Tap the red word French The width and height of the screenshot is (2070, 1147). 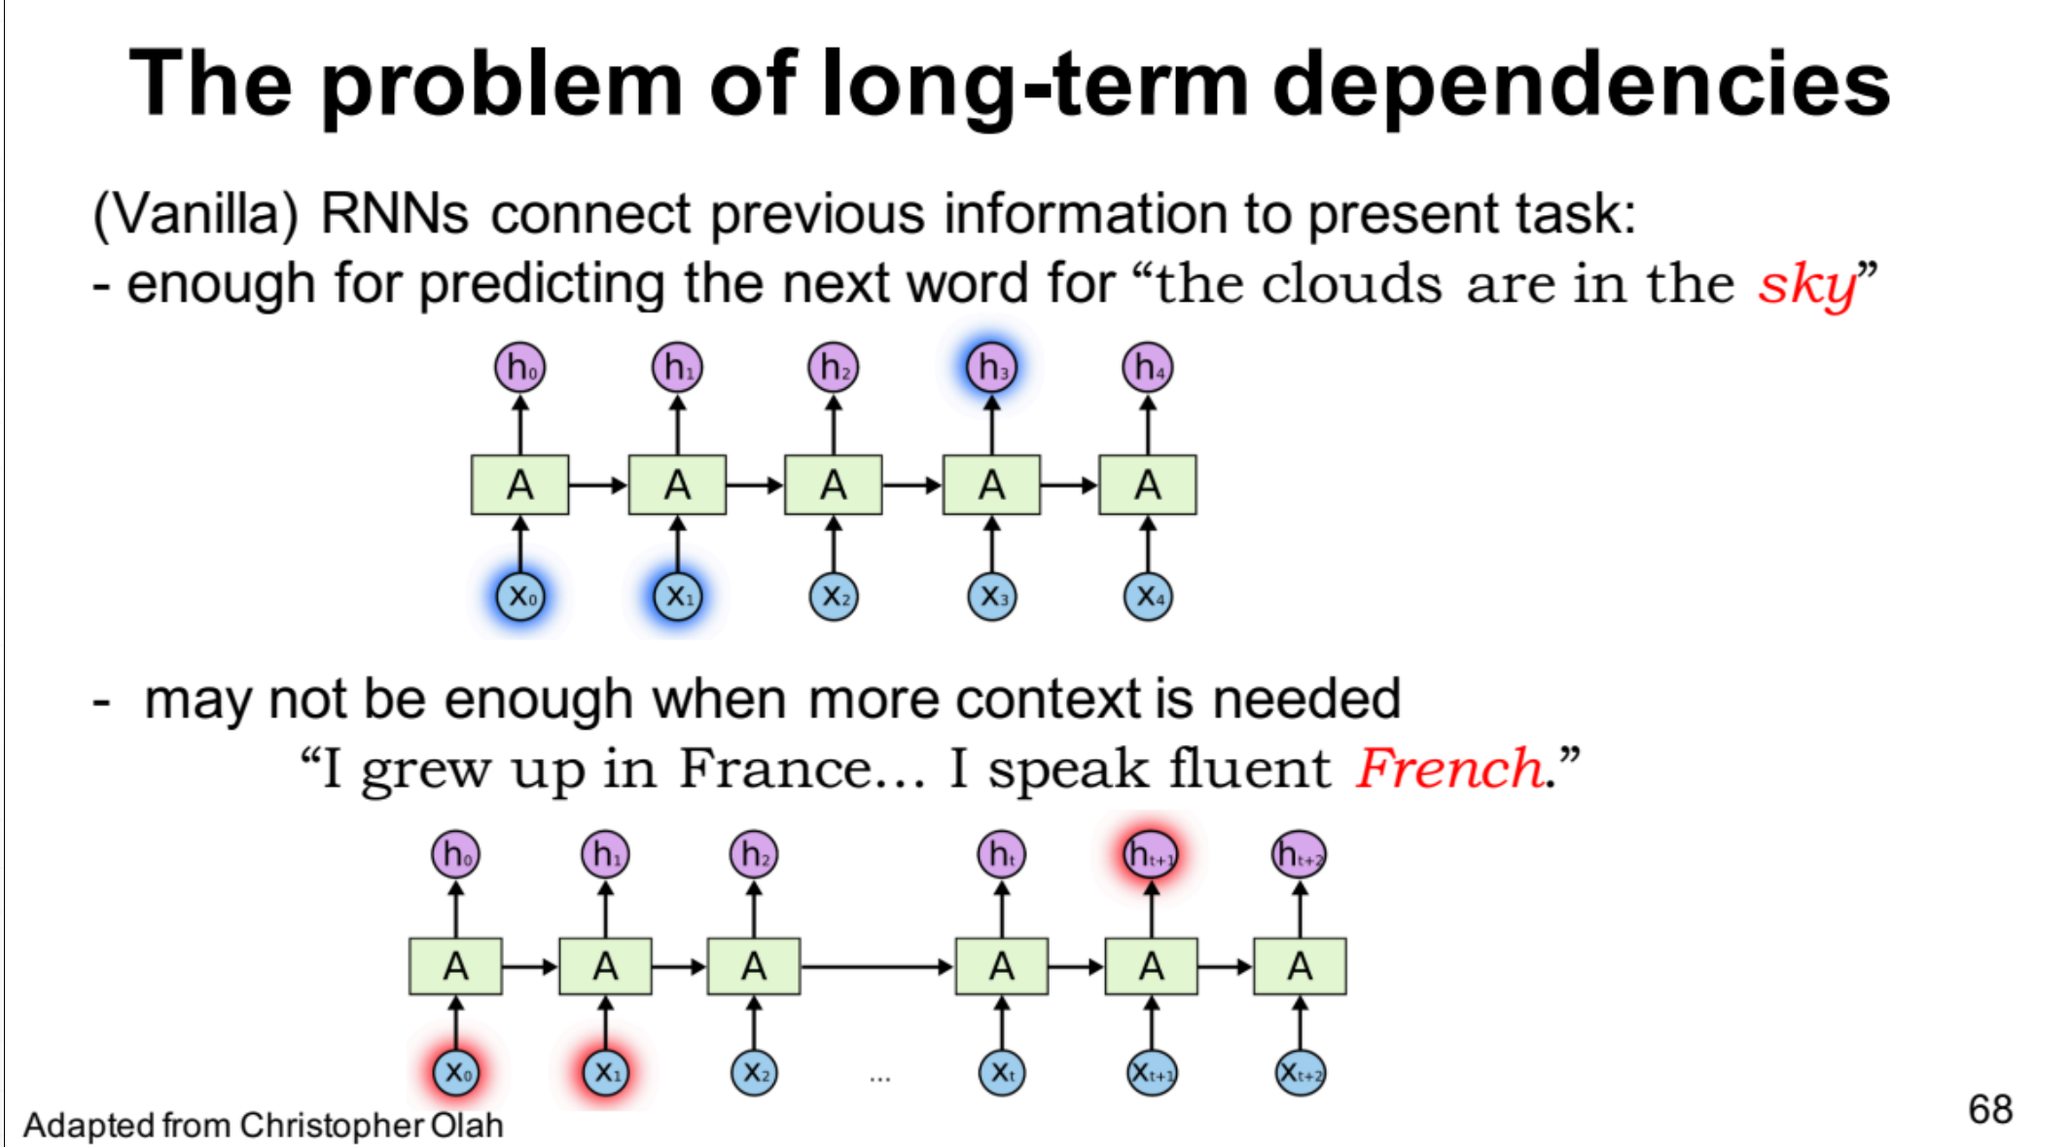(1449, 769)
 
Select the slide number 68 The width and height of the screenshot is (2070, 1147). (1990, 1109)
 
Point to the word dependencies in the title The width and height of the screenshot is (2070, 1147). (1581, 86)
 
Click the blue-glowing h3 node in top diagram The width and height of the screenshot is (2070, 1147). (991, 368)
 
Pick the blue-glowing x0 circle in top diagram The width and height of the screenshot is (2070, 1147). (520, 595)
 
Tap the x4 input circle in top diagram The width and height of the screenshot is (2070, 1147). (1148, 595)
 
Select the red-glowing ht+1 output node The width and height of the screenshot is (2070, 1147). (1151, 854)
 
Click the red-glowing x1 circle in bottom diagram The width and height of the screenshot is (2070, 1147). (605, 1072)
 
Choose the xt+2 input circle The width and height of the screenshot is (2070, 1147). (1300, 1072)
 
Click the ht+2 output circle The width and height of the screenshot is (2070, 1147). (1300, 854)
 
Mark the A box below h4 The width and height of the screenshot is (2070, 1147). (1148, 484)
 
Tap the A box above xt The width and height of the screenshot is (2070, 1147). (1002, 966)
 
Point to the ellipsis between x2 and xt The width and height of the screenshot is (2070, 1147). (879, 1078)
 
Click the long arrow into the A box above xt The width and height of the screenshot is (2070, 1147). (876, 966)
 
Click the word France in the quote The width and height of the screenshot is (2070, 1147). (775, 769)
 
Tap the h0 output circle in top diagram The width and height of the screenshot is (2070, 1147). (520, 368)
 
